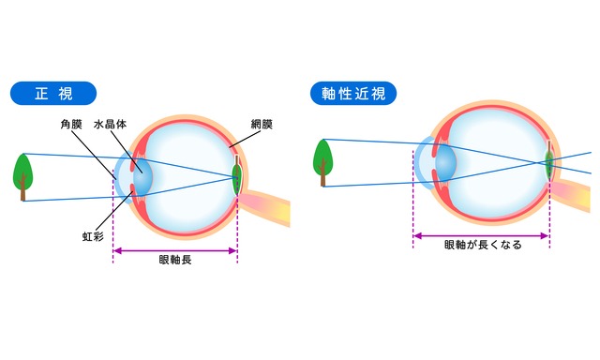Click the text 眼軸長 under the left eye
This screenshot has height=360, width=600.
click(175, 260)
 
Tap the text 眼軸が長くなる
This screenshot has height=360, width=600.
click(482, 246)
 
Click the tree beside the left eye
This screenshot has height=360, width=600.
click(22, 174)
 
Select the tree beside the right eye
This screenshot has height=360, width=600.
click(323, 158)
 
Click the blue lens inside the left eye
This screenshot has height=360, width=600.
click(141, 177)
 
